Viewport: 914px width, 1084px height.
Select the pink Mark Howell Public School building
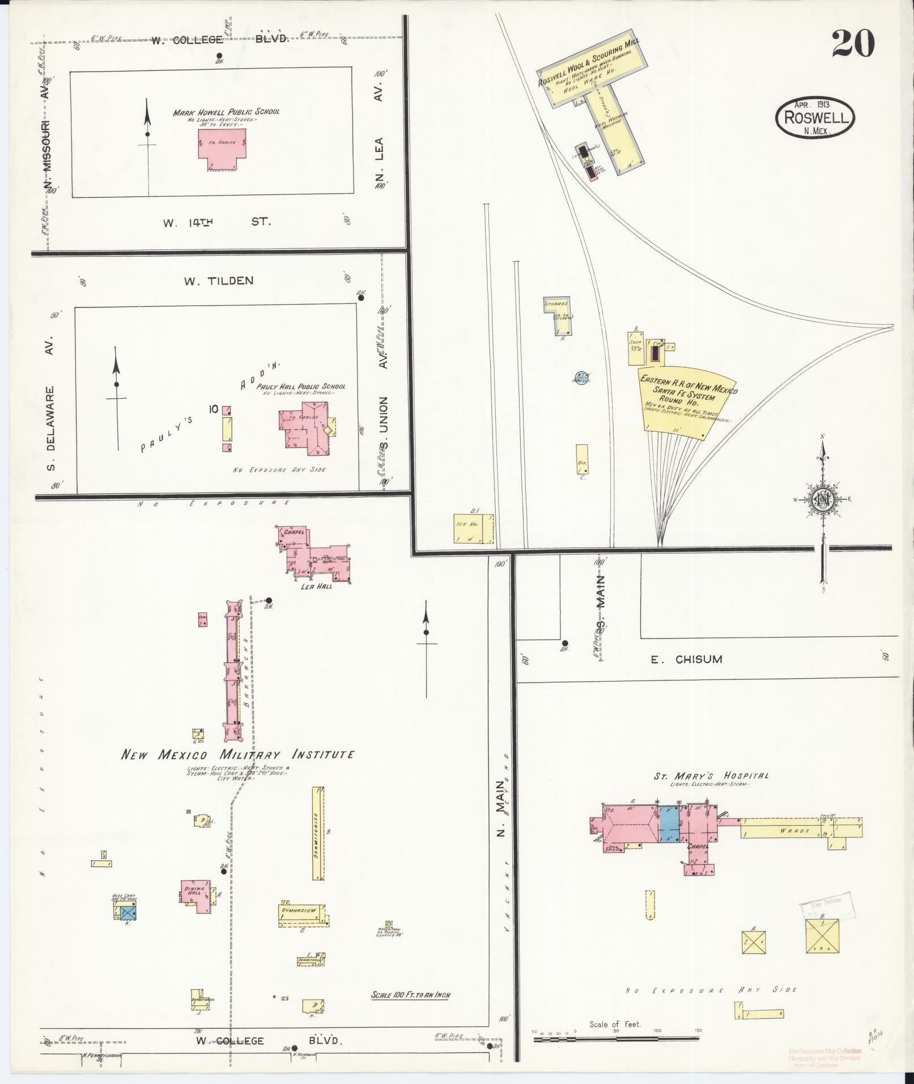point(222,148)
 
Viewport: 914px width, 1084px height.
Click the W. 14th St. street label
point(217,223)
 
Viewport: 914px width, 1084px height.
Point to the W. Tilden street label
point(218,281)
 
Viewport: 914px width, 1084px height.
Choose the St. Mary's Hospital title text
point(711,776)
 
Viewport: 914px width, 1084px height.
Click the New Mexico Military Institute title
point(238,755)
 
